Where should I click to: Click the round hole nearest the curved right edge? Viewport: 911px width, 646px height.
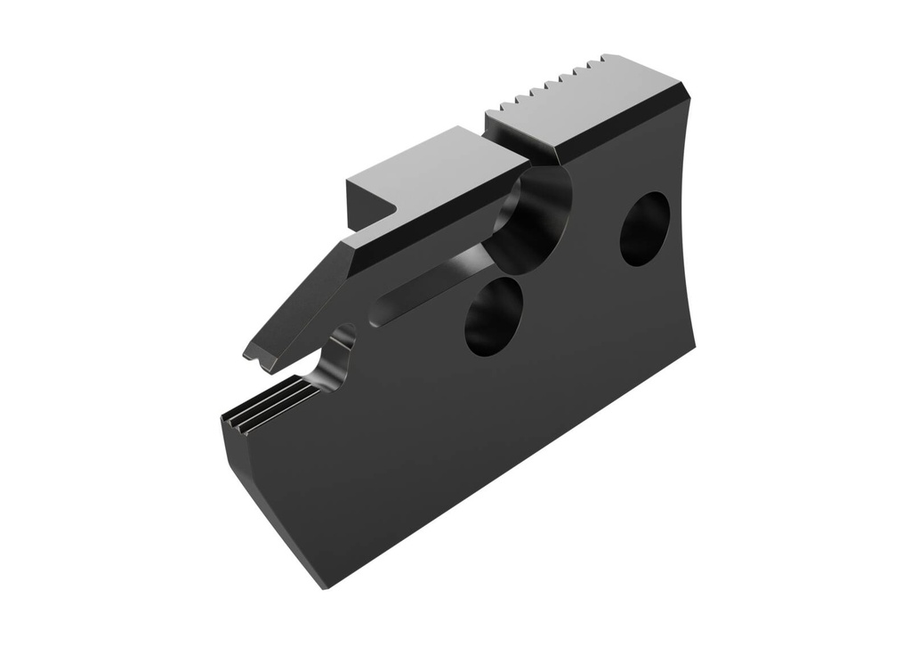644,229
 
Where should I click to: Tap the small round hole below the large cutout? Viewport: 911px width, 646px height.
493,316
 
